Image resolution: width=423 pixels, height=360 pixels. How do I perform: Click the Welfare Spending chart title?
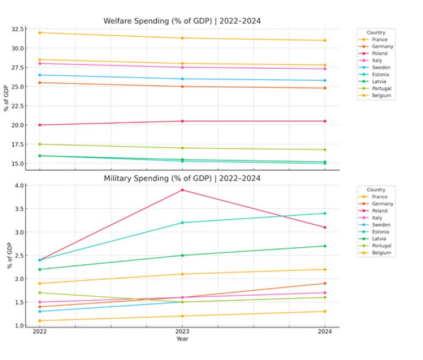182,21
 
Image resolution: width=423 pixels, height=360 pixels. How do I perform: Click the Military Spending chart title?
182,178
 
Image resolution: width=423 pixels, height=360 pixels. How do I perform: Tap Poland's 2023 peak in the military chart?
182,190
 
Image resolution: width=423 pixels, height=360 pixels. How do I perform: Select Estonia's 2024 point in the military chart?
325,213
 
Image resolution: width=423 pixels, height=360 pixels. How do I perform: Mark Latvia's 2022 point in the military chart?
40,269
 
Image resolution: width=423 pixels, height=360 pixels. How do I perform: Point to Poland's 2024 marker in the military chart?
325,228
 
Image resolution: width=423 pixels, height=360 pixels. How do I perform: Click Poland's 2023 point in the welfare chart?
182,121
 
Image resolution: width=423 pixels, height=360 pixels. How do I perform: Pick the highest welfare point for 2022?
40,32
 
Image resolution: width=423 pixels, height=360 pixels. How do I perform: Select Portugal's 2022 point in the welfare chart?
40,144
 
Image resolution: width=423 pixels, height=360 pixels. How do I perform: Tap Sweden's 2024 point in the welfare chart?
325,80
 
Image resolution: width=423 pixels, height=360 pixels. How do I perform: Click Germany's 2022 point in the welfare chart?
40,82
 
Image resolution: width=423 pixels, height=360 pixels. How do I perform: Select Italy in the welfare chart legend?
377,60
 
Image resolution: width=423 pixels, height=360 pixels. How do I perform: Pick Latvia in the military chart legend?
379,239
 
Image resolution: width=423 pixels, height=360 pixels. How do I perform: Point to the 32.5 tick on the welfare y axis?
18,29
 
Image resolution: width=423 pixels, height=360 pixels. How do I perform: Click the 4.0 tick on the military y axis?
20,186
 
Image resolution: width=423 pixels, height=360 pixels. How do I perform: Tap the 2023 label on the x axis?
182,331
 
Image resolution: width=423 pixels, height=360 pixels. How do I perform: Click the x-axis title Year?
182,339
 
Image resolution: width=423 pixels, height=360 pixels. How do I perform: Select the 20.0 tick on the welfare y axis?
18,125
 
